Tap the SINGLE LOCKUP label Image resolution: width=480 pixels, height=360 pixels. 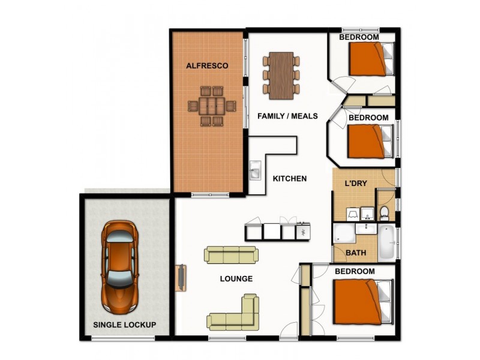(125, 325)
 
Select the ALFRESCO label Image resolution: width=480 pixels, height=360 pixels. (206, 65)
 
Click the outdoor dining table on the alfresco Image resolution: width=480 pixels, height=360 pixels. (211, 106)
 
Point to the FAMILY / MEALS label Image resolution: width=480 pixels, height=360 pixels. (287, 116)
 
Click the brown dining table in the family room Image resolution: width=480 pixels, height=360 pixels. (281, 76)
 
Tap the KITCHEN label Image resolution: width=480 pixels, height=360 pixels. (289, 178)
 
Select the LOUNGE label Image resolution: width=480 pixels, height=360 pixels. (236, 278)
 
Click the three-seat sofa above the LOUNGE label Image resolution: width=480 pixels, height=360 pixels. (231, 254)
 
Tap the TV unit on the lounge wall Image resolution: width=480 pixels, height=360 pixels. (180, 278)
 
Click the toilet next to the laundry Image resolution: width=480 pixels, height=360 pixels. (384, 213)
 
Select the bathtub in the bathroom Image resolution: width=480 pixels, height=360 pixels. (386, 241)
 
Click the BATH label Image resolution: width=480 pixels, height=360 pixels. (356, 253)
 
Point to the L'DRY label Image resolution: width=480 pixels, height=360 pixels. (355, 182)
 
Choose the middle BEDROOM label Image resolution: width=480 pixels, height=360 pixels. (368, 118)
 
